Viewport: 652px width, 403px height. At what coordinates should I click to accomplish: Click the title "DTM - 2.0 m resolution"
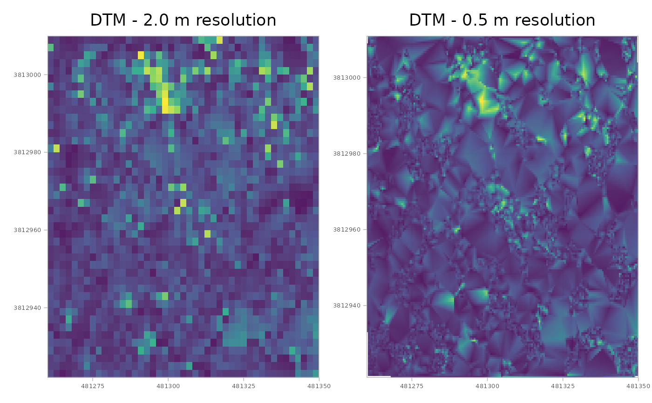(183, 20)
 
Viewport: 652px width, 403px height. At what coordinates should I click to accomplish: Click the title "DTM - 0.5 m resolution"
(502, 20)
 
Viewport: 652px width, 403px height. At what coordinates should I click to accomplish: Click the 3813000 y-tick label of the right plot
(348, 77)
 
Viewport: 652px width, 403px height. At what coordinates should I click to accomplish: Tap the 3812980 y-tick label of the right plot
(348, 153)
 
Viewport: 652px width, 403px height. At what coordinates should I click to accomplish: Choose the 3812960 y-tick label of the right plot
(348, 230)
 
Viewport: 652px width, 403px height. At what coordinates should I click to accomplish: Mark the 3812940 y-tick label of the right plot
(348, 306)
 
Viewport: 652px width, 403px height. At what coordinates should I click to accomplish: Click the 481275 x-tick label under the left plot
(93, 386)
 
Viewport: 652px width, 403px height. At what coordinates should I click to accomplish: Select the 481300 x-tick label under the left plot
(168, 386)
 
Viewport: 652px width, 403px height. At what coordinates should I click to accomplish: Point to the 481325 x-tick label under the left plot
(244, 386)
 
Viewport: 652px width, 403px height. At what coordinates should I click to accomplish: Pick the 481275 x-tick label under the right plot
(412, 386)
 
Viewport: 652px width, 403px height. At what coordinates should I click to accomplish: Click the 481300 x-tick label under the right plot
(487, 386)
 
